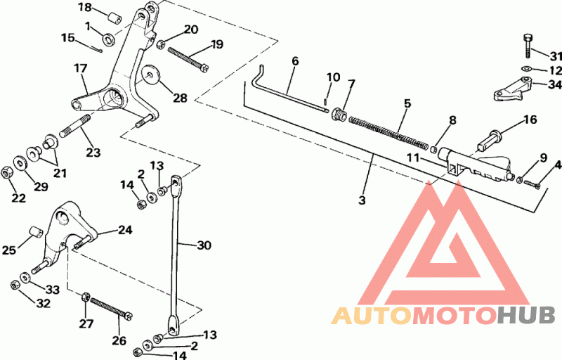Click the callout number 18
(x=85, y=8)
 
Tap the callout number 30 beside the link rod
(x=204, y=245)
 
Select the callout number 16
(x=530, y=120)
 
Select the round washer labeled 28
(x=149, y=77)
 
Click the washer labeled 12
(x=526, y=69)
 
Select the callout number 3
(x=362, y=200)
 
